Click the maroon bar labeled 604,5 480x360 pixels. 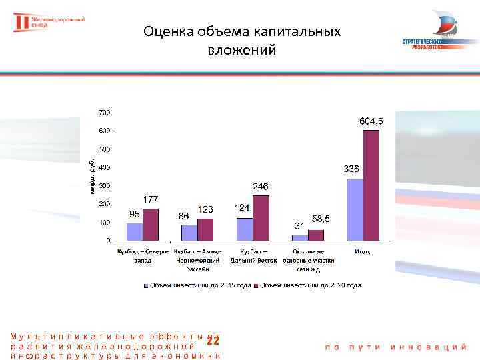coord(371,185)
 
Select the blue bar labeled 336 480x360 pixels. coord(355,209)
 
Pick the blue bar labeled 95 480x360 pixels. coord(135,231)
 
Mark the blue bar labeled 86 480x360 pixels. coord(189,233)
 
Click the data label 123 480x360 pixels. coord(205,210)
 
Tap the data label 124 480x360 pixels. coord(242,209)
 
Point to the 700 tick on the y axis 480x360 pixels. coord(105,112)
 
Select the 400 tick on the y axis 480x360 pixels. coord(105,167)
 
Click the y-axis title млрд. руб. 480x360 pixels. coord(93,176)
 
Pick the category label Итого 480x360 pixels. coord(363,251)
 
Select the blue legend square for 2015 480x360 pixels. coord(146,285)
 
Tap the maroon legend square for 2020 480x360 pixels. coord(257,285)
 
